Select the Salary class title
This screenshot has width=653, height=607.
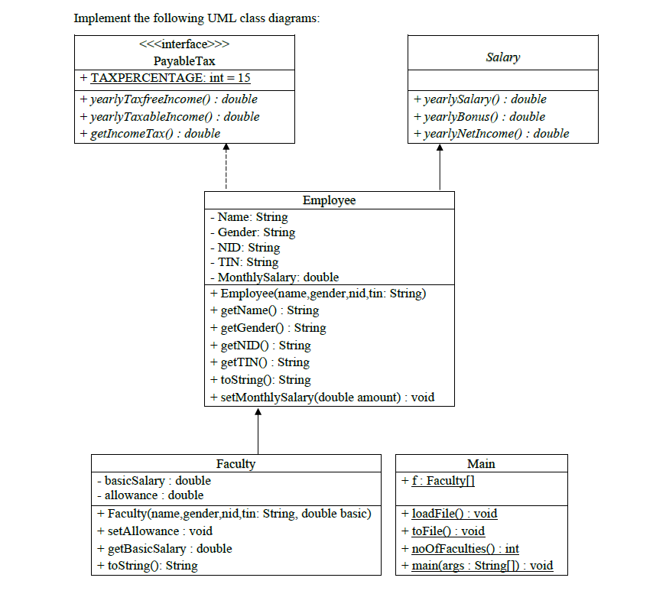click(502, 57)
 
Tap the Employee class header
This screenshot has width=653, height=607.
click(329, 200)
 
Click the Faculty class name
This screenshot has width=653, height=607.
click(236, 463)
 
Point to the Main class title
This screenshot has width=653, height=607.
click(481, 463)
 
